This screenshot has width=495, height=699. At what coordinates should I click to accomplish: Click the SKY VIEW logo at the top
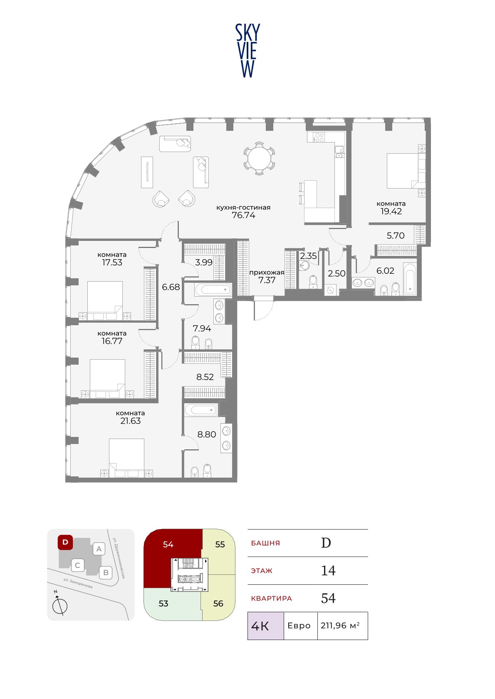coord(247,51)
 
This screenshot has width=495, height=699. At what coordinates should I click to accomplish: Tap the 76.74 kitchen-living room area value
coord(243,215)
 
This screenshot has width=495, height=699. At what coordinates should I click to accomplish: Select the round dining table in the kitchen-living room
coord(259,159)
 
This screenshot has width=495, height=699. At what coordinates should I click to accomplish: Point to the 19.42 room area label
coord(391,211)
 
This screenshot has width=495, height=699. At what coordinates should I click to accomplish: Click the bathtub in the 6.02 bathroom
coord(410,279)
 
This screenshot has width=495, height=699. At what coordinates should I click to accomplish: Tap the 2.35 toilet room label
coord(308,256)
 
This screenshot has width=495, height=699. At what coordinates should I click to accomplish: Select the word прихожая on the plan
coord(267,272)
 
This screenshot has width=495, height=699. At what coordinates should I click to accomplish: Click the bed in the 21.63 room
coord(126,458)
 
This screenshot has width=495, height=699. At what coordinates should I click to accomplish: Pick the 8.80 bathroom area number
coord(207,434)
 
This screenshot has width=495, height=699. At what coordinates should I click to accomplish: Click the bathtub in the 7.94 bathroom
coord(213,289)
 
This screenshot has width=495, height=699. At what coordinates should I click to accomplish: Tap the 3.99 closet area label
coord(204,262)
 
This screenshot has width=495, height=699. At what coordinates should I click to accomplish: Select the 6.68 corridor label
coord(171,287)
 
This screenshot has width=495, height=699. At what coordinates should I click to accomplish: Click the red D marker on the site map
coord(65,542)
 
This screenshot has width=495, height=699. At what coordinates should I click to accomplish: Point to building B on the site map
coord(106,573)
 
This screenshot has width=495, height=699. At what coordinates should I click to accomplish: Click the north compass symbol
coord(59,606)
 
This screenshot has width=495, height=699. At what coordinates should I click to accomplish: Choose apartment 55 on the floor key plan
coord(220,544)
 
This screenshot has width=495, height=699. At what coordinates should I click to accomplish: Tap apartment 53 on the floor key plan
coord(163,603)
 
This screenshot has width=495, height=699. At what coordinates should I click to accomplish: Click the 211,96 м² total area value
coord(340,625)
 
